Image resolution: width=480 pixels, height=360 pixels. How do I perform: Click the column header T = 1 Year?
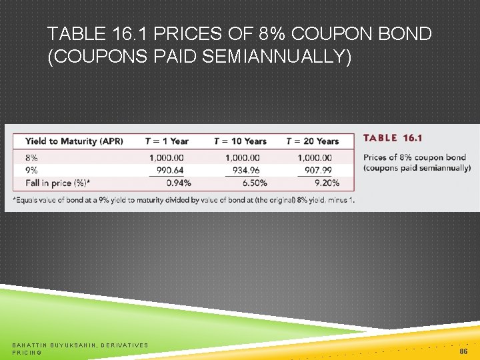click(x=167, y=141)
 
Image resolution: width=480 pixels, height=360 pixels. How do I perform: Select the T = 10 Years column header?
click(x=240, y=141)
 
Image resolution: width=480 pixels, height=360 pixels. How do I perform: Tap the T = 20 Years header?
click(x=312, y=141)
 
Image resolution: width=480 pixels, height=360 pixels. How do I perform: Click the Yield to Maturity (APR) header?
click(x=74, y=141)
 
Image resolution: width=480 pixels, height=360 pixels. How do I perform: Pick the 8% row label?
click(x=31, y=158)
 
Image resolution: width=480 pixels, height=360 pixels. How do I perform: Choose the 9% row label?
click(x=31, y=170)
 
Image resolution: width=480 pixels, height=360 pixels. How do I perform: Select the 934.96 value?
click(x=246, y=170)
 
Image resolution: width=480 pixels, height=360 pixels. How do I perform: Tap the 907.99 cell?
click(x=318, y=170)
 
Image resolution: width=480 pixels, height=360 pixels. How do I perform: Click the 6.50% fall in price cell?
click(x=254, y=183)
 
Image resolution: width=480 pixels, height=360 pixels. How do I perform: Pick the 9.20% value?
click(x=326, y=183)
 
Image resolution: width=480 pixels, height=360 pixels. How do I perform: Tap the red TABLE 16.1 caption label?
click(x=393, y=138)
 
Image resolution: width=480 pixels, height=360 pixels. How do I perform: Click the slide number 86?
click(x=463, y=350)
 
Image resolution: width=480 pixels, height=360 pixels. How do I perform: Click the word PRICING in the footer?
click(x=27, y=352)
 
